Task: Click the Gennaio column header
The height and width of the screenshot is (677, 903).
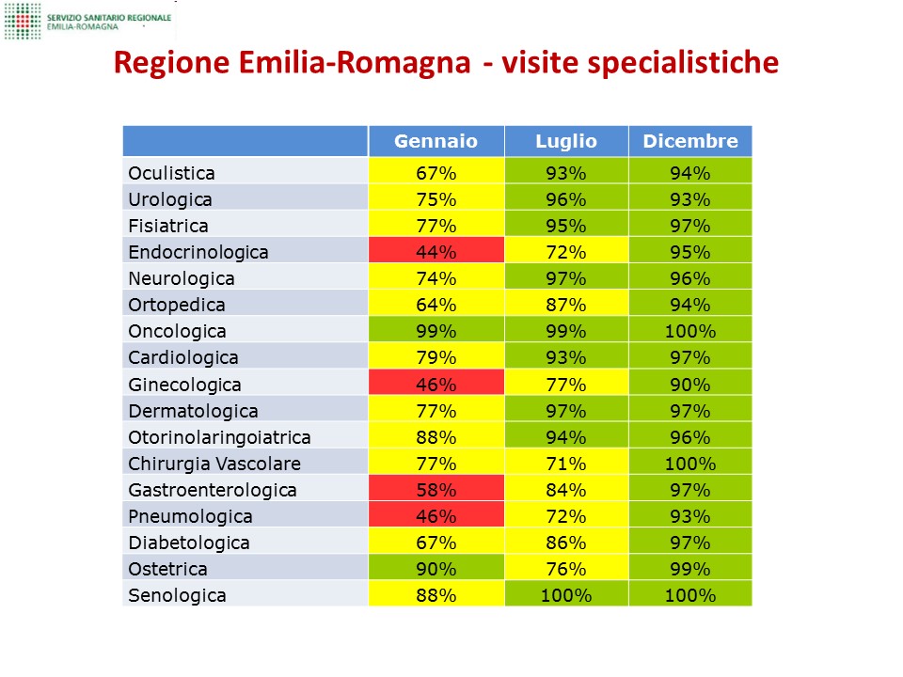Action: [x=436, y=141]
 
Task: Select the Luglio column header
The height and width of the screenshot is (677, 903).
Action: [x=566, y=141]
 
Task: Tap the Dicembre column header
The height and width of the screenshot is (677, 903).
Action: [x=690, y=141]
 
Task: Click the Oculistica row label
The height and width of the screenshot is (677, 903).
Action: [x=171, y=173]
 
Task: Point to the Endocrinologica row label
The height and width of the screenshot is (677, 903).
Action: [x=198, y=252]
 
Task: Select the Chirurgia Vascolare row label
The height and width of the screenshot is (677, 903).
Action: [x=214, y=464]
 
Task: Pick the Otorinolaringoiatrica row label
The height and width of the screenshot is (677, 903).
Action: [x=219, y=437]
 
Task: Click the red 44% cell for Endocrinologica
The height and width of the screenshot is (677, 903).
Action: [x=436, y=252]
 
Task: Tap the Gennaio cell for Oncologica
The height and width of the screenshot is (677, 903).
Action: [x=436, y=331]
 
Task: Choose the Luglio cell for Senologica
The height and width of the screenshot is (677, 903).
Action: [x=566, y=595]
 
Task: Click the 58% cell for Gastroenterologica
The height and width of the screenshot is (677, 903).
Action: [x=436, y=490]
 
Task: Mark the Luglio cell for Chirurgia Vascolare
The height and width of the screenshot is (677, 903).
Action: [x=566, y=464]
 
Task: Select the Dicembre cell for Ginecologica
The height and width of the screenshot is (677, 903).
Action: [x=690, y=385]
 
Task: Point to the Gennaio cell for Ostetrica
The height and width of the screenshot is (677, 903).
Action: [x=436, y=569]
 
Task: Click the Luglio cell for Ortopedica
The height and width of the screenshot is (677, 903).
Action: [x=566, y=305]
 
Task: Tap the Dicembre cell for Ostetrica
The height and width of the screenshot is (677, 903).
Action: [x=690, y=569]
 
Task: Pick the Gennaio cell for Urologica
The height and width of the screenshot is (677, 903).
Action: [x=436, y=199]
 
